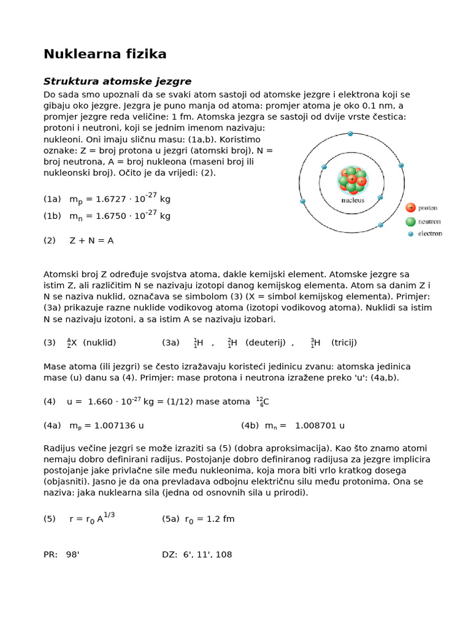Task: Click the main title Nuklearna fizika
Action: pyautogui.click(x=105, y=55)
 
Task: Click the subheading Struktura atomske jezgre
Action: pyautogui.click(x=117, y=82)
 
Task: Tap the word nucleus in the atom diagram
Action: pyautogui.click(x=352, y=200)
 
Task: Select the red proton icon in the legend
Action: pyautogui.click(x=410, y=208)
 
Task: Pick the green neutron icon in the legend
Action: pyautogui.click(x=410, y=221)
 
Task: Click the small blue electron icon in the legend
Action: pyautogui.click(x=410, y=234)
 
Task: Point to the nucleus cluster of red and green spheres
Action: pyautogui.click(x=352, y=180)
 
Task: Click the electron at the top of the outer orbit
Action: pyautogui.click(x=350, y=133)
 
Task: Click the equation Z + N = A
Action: pyautogui.click(x=91, y=240)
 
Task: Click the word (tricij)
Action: pyautogui.click(x=344, y=342)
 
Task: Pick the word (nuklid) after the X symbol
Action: pyautogui.click(x=99, y=342)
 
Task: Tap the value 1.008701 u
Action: pyautogui.click(x=320, y=425)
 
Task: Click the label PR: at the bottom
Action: pyautogui.click(x=51, y=554)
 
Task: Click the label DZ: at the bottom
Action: pyautogui.click(x=170, y=554)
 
